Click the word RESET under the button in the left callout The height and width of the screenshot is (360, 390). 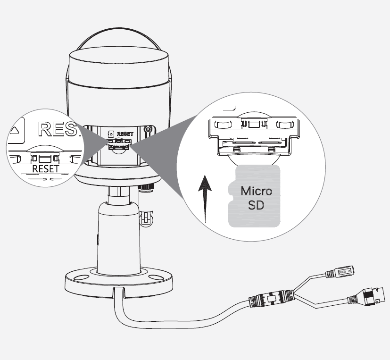coord(46,168)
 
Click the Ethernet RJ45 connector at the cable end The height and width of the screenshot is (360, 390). coord(373,297)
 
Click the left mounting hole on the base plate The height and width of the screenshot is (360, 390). coord(81,279)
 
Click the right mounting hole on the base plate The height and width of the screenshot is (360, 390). coord(154,278)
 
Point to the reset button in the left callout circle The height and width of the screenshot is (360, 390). coord(46,157)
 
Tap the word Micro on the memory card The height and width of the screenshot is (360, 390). coord(256,191)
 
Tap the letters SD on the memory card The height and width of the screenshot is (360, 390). coord(256,206)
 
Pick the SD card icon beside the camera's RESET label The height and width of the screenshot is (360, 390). coord(111,134)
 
